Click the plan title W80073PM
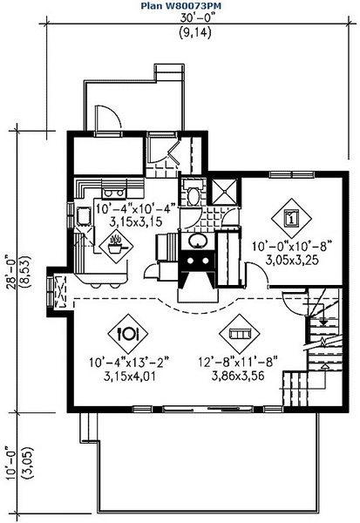[180, 6]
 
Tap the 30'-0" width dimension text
[196, 17]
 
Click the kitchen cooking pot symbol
[116, 246]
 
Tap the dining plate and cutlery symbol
[128, 334]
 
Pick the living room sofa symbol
[239, 334]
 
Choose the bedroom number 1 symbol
[291, 219]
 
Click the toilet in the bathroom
[193, 194]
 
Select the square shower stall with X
[225, 192]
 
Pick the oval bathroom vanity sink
[198, 241]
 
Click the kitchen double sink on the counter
[114, 193]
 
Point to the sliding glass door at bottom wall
[207, 408]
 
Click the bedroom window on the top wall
[292, 174]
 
